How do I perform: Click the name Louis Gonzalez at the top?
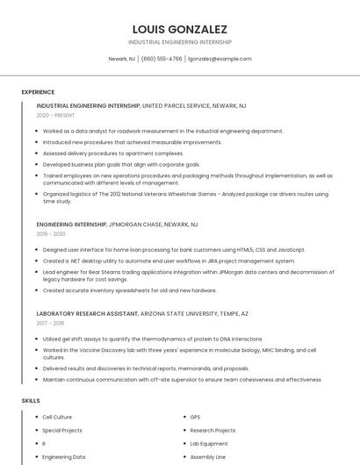tap(179, 29)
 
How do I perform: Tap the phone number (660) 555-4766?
tap(162, 59)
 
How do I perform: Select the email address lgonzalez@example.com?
tap(220, 59)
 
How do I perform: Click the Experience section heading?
tap(38, 92)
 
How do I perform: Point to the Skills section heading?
tap(31, 401)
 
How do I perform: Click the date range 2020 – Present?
tap(55, 115)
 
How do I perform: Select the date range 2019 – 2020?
tap(51, 234)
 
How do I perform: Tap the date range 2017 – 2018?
tap(51, 323)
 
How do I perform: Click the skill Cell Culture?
tap(57, 418)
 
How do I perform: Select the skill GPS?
tap(195, 418)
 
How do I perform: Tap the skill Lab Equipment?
tap(209, 444)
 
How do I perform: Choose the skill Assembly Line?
tap(208, 457)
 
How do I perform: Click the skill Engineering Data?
tap(63, 457)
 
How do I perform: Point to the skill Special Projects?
tap(61, 431)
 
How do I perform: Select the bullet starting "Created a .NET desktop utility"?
tap(169, 261)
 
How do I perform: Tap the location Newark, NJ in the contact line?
tap(121, 59)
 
